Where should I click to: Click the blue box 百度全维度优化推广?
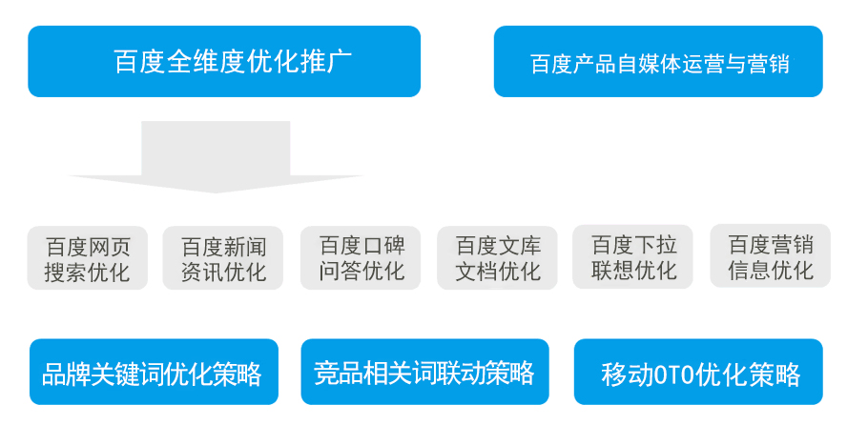(224, 62)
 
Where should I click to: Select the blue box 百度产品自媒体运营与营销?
(658, 62)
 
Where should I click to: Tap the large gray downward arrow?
(217, 157)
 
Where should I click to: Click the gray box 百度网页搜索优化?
(88, 258)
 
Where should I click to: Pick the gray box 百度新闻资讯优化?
(223, 258)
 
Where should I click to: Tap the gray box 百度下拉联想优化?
(633, 256)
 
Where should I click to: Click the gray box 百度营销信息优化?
(771, 255)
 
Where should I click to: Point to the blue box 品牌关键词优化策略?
(154, 372)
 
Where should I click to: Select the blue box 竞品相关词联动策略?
(425, 372)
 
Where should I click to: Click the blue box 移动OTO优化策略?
(698, 372)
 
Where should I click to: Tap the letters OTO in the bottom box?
(673, 374)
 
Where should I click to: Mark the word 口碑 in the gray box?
(383, 246)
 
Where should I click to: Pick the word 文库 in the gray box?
(520, 246)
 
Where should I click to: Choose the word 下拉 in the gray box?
(655, 244)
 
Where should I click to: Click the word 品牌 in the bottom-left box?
(66, 374)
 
